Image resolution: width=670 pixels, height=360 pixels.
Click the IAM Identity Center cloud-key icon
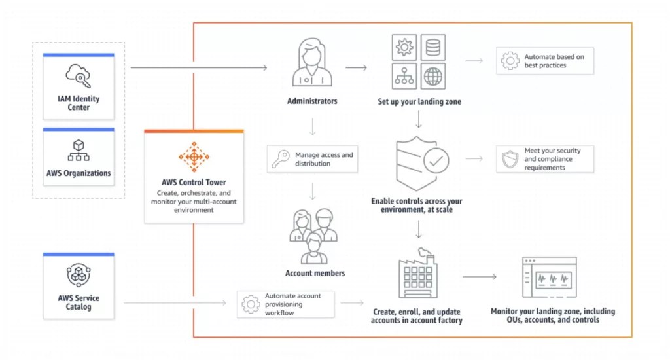pyautogui.click(x=79, y=75)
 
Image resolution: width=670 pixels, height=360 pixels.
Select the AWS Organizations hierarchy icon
pyautogui.click(x=79, y=151)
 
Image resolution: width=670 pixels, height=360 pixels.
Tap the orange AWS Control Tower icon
pyautogui.click(x=194, y=157)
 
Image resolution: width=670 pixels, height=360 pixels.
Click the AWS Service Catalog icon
pyautogui.click(x=79, y=275)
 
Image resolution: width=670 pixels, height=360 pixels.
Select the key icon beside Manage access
pyautogui.click(x=281, y=159)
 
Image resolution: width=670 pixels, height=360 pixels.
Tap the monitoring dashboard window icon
pyautogui.click(x=549, y=278)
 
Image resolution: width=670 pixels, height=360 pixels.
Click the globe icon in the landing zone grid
pyautogui.click(x=432, y=77)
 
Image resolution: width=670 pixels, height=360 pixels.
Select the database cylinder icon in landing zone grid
pyautogui.click(x=432, y=48)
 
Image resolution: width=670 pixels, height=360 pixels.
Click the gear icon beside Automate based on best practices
pyautogui.click(x=510, y=62)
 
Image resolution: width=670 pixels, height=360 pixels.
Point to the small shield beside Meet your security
pyautogui.click(x=510, y=159)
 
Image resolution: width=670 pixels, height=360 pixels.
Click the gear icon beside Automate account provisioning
pyautogui.click(x=251, y=304)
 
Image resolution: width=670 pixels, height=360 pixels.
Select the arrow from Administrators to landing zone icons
pyautogui.click(x=356, y=67)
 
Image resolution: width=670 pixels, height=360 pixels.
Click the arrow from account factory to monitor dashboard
pyautogui.click(x=480, y=277)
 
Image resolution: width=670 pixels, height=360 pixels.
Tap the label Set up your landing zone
pyautogui.click(x=419, y=102)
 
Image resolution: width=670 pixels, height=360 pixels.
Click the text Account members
pyautogui.click(x=315, y=273)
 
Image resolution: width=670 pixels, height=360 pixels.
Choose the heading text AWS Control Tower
pyautogui.click(x=194, y=182)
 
